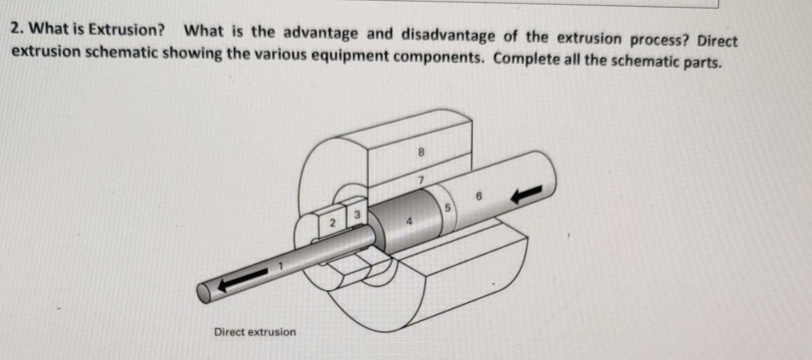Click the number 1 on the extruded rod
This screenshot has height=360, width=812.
280,266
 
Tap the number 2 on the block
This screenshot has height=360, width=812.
332,223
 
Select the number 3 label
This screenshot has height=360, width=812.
357,215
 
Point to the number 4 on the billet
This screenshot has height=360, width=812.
409,221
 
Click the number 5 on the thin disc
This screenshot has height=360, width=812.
448,208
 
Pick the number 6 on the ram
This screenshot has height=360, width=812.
479,196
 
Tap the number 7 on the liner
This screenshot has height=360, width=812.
420,181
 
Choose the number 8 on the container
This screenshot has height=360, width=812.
421,152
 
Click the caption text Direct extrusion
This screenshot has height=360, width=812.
255,332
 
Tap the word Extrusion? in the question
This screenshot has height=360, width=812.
127,30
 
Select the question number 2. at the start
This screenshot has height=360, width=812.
17,29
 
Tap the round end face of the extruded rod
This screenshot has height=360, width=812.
204,293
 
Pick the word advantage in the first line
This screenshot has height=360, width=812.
320,33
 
